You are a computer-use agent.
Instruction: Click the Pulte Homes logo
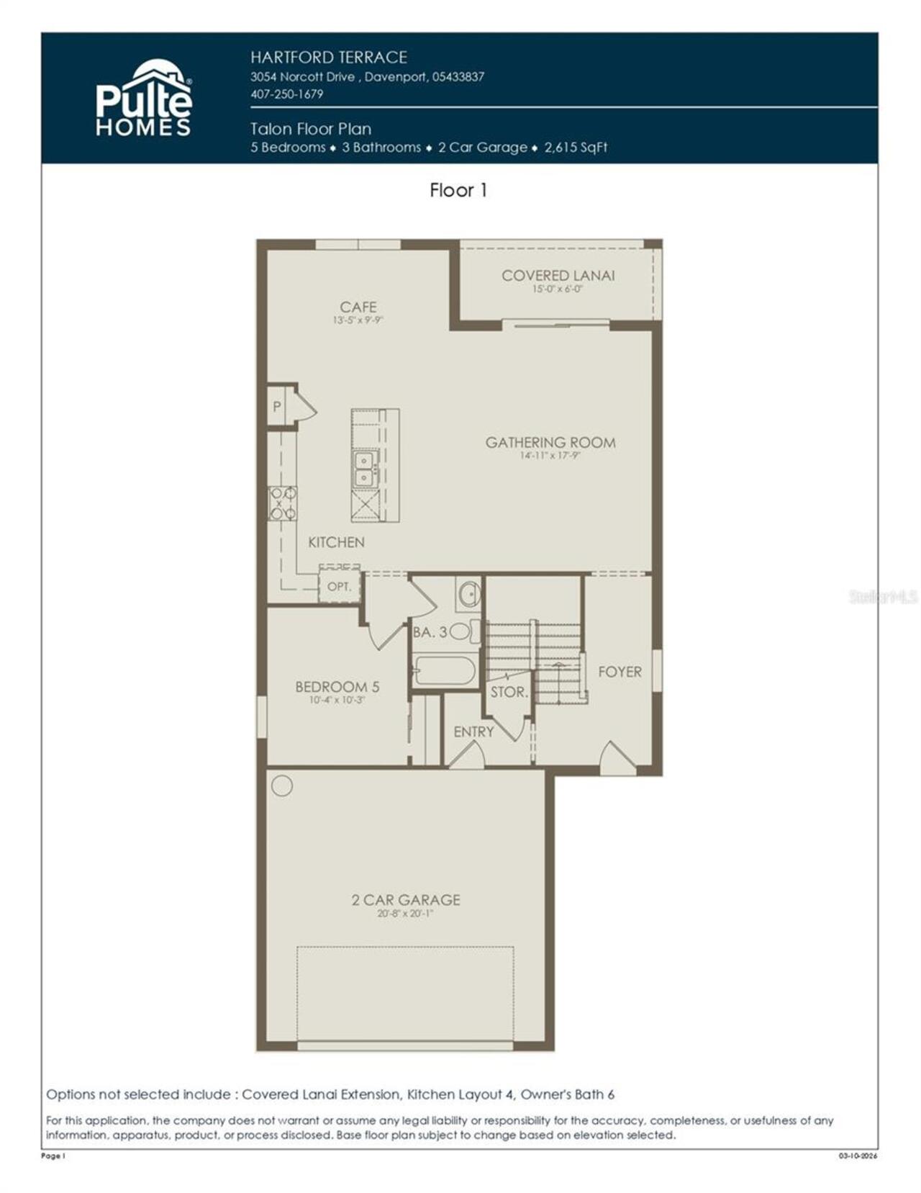144,99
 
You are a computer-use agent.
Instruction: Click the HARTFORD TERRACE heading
329,58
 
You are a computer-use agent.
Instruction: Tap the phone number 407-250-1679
286,94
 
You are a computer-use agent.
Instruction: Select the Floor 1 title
458,190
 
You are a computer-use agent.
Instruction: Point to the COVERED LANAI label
558,275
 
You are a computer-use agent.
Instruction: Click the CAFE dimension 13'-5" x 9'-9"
358,320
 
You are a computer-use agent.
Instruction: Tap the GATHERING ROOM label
550,442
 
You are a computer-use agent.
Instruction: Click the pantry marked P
276,407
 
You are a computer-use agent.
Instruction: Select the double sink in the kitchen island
365,469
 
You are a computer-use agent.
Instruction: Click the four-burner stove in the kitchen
282,503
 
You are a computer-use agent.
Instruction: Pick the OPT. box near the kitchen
339,587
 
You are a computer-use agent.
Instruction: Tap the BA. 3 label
430,632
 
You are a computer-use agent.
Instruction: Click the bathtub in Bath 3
445,671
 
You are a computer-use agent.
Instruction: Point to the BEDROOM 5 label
337,687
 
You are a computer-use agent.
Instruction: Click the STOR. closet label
509,693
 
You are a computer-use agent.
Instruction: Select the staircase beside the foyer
547,659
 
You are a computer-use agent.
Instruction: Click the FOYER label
620,672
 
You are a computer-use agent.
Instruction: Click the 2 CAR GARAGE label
405,899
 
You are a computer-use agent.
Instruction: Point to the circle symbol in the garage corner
282,785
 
